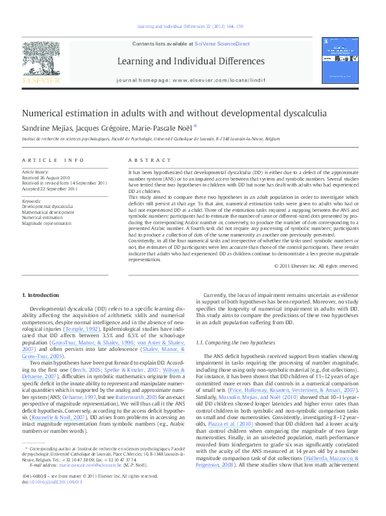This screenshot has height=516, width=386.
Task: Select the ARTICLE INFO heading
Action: coord(53,160)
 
